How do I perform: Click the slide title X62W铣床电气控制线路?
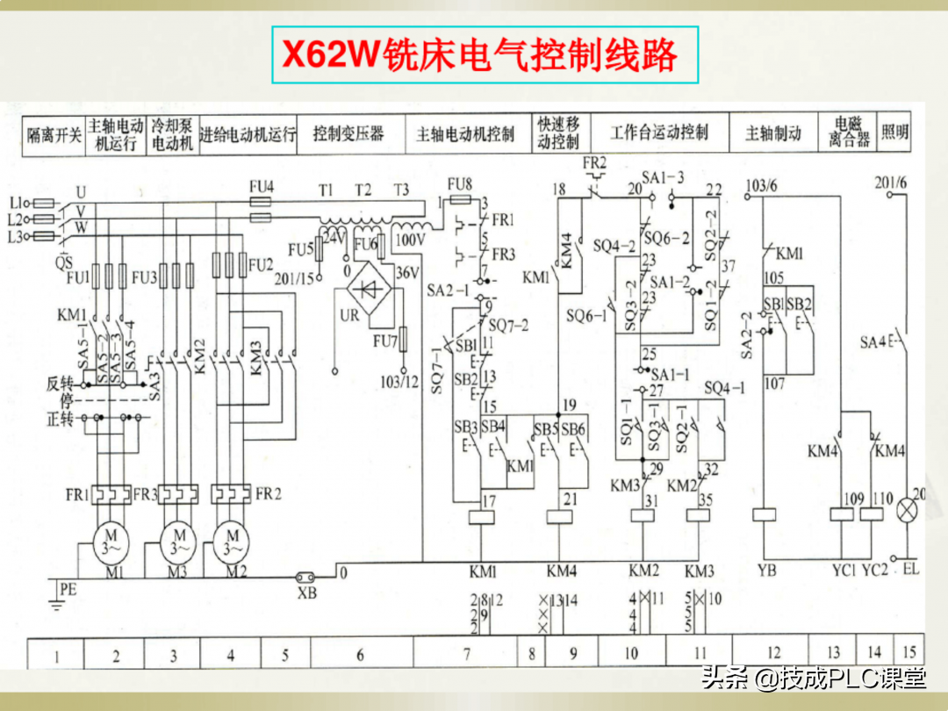pyautogui.click(x=479, y=55)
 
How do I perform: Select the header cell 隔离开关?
pyautogui.click(x=54, y=135)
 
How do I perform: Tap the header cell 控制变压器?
pyautogui.click(x=348, y=134)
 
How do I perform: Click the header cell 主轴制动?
pyautogui.click(x=773, y=134)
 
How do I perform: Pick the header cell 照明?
pyautogui.click(x=895, y=133)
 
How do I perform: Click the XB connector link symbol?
pyautogui.click(x=308, y=578)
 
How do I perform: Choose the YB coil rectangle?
pyautogui.click(x=765, y=515)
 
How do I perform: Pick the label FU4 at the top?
pyautogui.click(x=262, y=186)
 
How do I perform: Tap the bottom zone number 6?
pyautogui.click(x=360, y=654)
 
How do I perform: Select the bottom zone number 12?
pyautogui.click(x=773, y=653)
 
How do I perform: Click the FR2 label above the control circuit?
pyautogui.click(x=594, y=163)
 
